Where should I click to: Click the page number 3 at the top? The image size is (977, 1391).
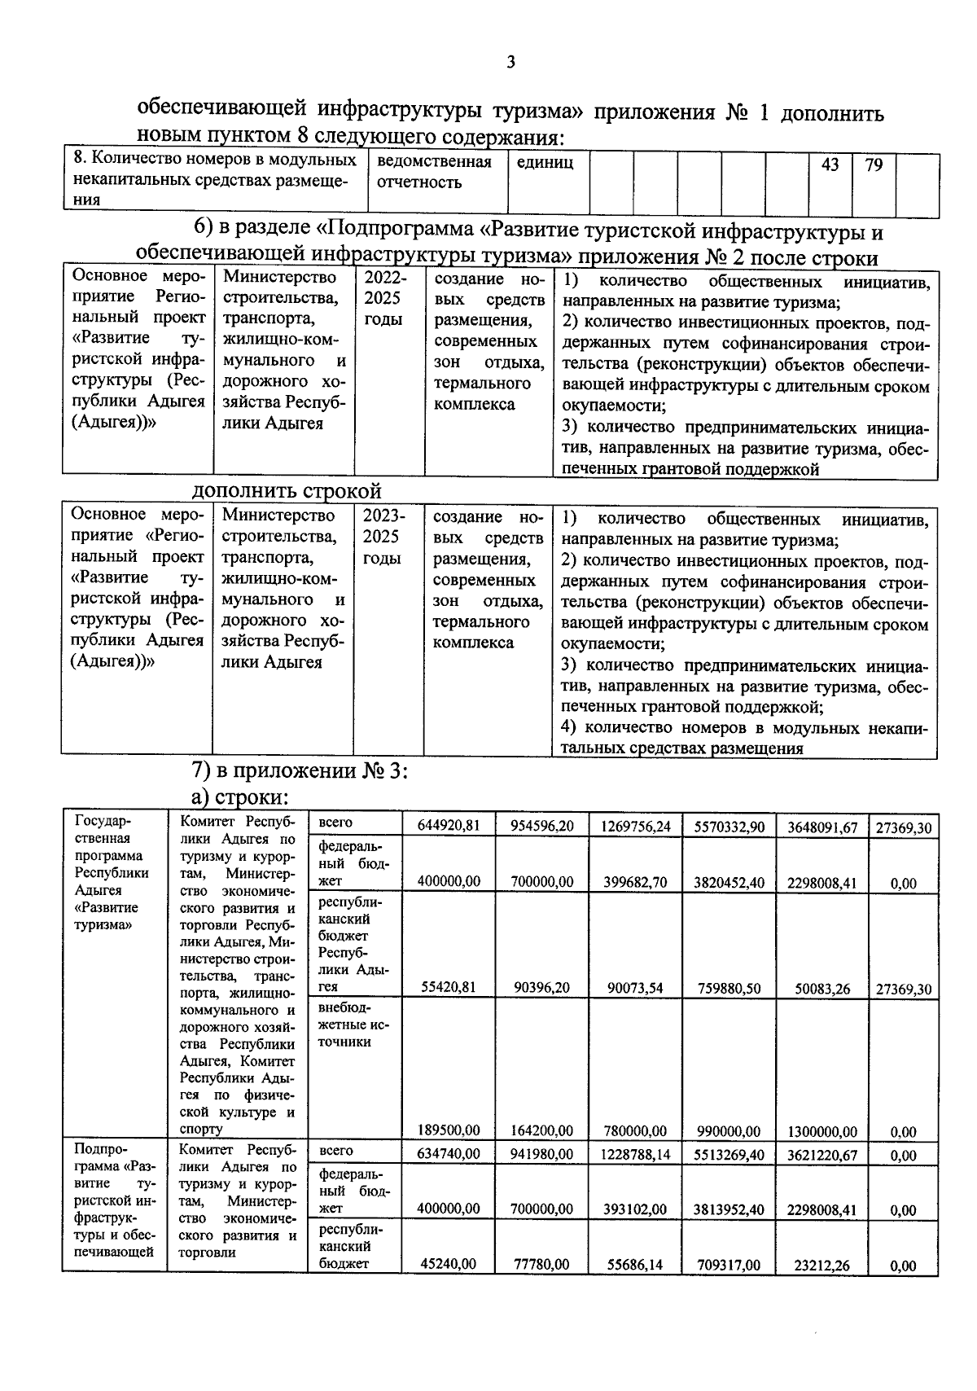coord(510,63)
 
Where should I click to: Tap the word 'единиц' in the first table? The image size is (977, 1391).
coord(545,163)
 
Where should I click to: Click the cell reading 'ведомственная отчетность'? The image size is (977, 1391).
coord(435,172)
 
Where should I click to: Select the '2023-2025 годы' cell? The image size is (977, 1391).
coord(382,537)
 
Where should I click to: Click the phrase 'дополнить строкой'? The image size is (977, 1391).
coord(287,491)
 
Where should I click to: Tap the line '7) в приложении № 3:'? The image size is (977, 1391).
coord(299,770)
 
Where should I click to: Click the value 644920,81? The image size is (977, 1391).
coord(449,826)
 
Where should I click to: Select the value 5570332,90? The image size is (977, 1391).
coord(729,827)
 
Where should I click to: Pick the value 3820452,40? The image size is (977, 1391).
coord(729,882)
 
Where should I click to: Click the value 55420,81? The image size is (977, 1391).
coord(449,988)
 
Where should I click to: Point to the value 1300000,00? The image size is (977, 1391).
coord(821,1131)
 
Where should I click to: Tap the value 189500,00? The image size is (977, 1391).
coord(449,1130)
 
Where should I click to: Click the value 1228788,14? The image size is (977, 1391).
coord(636,1154)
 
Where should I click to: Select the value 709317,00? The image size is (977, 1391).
coord(729,1265)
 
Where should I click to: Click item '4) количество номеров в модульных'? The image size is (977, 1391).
coord(744,727)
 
